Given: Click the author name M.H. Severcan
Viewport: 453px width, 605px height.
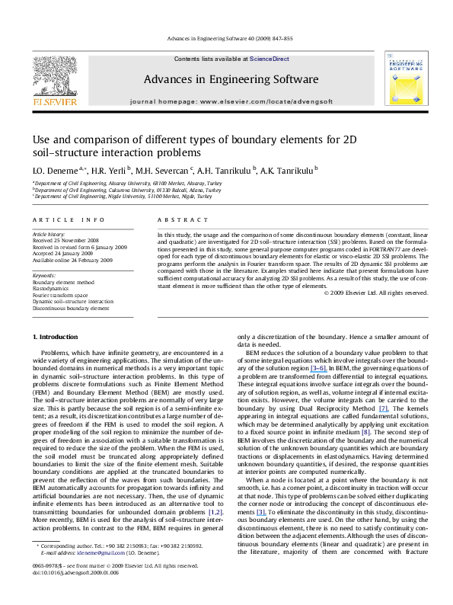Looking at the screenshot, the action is pos(164,168).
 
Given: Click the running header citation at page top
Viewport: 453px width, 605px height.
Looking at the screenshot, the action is pos(226,39).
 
